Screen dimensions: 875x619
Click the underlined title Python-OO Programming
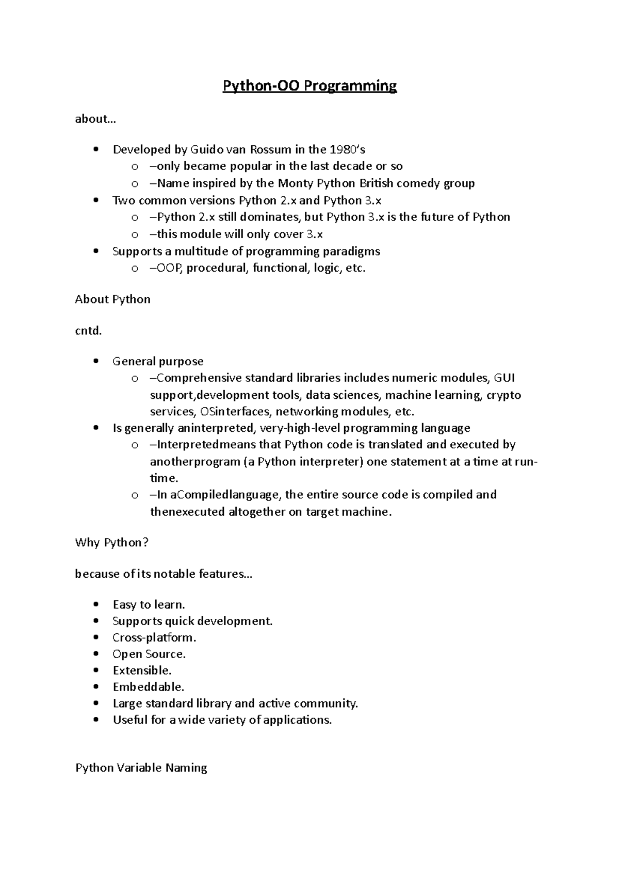309,86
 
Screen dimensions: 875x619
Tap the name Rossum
270,150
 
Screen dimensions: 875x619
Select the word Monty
295,183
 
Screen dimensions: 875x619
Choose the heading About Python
112,299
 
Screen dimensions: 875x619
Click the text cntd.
88,331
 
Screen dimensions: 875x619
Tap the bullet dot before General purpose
95,361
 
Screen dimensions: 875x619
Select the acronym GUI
504,378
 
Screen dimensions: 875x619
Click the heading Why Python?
111,543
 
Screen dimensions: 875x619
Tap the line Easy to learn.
149,604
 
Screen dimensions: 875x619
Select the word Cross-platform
154,637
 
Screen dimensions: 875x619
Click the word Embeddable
148,687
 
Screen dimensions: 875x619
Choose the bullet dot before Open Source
95,654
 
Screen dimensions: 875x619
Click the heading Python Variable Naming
141,768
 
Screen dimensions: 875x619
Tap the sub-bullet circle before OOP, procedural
135,268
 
